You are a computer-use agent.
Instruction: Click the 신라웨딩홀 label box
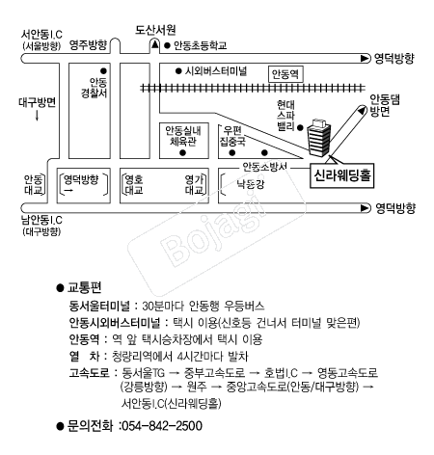pos(341,175)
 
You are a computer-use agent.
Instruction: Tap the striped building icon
pos(318,138)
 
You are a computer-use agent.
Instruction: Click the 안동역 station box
pos(285,74)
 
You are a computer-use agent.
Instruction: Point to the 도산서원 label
pos(155,30)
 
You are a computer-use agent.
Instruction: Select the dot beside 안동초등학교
pos(167,45)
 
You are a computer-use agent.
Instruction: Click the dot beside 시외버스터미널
pos(178,71)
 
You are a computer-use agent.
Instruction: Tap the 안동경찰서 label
pos(94,88)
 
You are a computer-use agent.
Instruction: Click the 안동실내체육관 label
pos(183,136)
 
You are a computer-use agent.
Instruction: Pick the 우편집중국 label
pos(232,136)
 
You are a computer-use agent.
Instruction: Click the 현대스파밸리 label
pos(285,116)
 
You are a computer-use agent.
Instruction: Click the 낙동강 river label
pos(251,184)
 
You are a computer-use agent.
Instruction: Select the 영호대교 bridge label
pos(134,184)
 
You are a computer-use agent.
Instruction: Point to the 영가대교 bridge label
pos(194,184)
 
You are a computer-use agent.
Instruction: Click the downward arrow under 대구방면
pos(37,116)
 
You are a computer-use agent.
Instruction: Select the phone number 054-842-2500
pos(162,426)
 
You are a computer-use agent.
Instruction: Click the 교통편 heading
pos(84,287)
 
